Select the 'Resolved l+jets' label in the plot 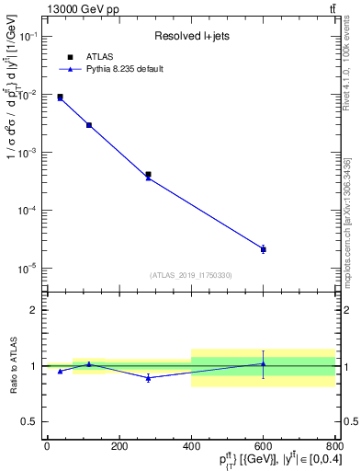click(190, 37)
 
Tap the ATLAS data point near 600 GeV click(263, 249)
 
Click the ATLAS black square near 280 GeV click(148, 174)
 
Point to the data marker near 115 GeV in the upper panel click(89, 125)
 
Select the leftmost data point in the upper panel click(60, 97)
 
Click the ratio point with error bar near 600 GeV click(263, 364)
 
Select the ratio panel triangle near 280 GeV click(148, 377)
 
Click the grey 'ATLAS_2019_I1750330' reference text click(190, 275)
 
